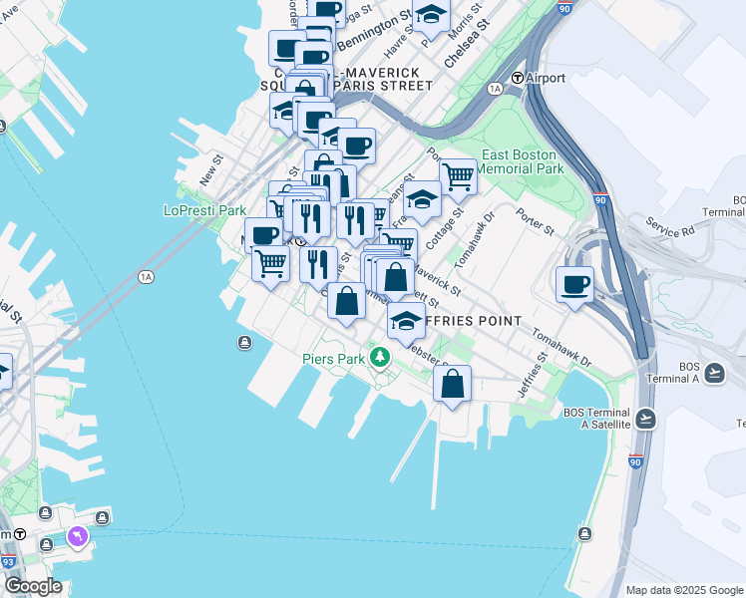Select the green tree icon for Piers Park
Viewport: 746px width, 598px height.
pos(379,357)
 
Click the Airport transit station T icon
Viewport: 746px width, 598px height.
pos(518,78)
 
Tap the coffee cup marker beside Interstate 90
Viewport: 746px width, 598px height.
pos(574,283)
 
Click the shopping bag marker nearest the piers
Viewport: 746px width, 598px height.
pos(453,383)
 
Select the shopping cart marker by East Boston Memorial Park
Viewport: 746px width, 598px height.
pos(458,176)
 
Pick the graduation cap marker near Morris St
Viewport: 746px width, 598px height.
pos(431,15)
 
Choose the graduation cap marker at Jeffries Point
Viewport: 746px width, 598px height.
pos(405,322)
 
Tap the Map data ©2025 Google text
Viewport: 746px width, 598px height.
pos(683,590)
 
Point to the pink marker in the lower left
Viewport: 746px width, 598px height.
pos(77,537)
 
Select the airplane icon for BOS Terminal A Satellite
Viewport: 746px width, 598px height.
pos(645,418)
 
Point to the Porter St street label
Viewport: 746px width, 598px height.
pos(535,221)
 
